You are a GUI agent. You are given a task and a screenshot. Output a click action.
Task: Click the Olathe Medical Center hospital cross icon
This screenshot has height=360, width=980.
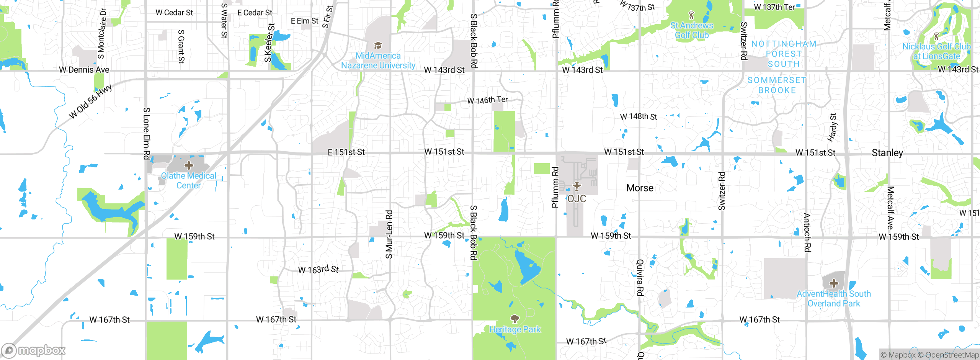(x=188, y=165)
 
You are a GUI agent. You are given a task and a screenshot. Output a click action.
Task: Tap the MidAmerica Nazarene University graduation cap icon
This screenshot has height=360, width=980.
(x=378, y=46)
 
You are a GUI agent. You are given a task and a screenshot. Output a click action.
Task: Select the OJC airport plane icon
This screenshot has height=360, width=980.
(x=577, y=187)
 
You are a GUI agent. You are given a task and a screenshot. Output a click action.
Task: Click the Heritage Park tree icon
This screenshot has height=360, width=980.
(x=515, y=319)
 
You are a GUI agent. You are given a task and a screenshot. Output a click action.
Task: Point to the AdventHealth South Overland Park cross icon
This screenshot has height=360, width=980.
(x=834, y=284)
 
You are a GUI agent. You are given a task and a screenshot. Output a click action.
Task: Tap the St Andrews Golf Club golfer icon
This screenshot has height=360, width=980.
(x=691, y=15)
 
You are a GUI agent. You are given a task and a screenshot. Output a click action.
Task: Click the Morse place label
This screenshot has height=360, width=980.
(x=640, y=188)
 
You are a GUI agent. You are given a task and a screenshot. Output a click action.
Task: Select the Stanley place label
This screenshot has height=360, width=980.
(x=887, y=153)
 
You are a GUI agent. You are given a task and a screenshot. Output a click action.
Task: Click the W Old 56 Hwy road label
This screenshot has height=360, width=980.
(x=91, y=101)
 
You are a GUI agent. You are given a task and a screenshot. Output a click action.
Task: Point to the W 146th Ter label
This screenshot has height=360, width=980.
(x=487, y=100)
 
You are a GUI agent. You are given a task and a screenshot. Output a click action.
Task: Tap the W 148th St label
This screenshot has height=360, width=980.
(x=639, y=116)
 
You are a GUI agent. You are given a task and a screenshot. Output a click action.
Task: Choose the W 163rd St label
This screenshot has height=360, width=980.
(x=318, y=270)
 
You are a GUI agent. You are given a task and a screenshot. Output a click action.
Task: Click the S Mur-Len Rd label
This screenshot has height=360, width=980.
(x=389, y=234)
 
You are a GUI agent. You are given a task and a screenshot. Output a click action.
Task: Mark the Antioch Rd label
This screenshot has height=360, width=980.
(x=807, y=232)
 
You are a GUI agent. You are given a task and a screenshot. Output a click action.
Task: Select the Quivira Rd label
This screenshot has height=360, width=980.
(x=640, y=278)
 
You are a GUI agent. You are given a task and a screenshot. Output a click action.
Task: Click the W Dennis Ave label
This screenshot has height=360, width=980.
(x=84, y=70)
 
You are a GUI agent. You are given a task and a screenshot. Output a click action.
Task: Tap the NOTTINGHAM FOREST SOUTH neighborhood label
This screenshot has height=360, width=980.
(x=784, y=54)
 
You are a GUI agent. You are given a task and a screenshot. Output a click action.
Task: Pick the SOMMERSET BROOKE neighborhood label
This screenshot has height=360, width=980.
(x=777, y=85)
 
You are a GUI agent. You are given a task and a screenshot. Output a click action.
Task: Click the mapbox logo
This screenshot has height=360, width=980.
(x=34, y=350)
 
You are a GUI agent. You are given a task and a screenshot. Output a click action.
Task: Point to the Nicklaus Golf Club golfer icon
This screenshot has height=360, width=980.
(x=936, y=36)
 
